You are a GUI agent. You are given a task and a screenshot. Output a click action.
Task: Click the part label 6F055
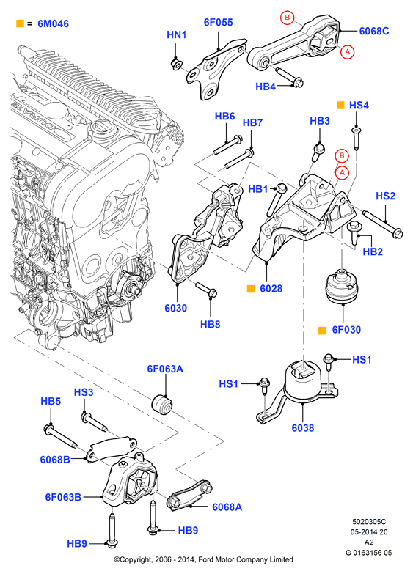tap(218, 22)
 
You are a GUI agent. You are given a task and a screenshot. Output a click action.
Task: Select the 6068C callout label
tap(374, 31)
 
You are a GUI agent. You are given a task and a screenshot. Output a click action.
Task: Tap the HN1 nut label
tap(177, 34)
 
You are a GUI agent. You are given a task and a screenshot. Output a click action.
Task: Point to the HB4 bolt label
tap(266, 87)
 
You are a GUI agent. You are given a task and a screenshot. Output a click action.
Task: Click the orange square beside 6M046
tap(20, 23)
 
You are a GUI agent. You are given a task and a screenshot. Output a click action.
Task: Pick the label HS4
tap(359, 106)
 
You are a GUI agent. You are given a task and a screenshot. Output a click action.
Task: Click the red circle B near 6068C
tap(288, 17)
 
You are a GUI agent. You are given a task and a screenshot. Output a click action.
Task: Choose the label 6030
tap(175, 308)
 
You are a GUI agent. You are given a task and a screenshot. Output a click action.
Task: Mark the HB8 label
tap(210, 324)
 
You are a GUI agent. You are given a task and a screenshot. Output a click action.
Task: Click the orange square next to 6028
tap(251, 288)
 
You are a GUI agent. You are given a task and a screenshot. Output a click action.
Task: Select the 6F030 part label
tap(346, 330)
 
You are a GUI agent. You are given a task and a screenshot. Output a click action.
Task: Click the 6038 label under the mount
tap(303, 427)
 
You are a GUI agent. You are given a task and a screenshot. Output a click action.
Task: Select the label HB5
tap(51, 401)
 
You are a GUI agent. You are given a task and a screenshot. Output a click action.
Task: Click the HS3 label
tap(84, 392)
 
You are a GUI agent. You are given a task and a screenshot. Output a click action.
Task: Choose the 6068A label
tap(227, 507)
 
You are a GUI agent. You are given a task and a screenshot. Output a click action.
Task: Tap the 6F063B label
tap(63, 497)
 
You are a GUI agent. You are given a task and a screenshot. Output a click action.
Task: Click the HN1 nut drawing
tap(176, 64)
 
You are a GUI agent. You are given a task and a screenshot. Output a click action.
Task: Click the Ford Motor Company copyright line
tap(203, 559)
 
